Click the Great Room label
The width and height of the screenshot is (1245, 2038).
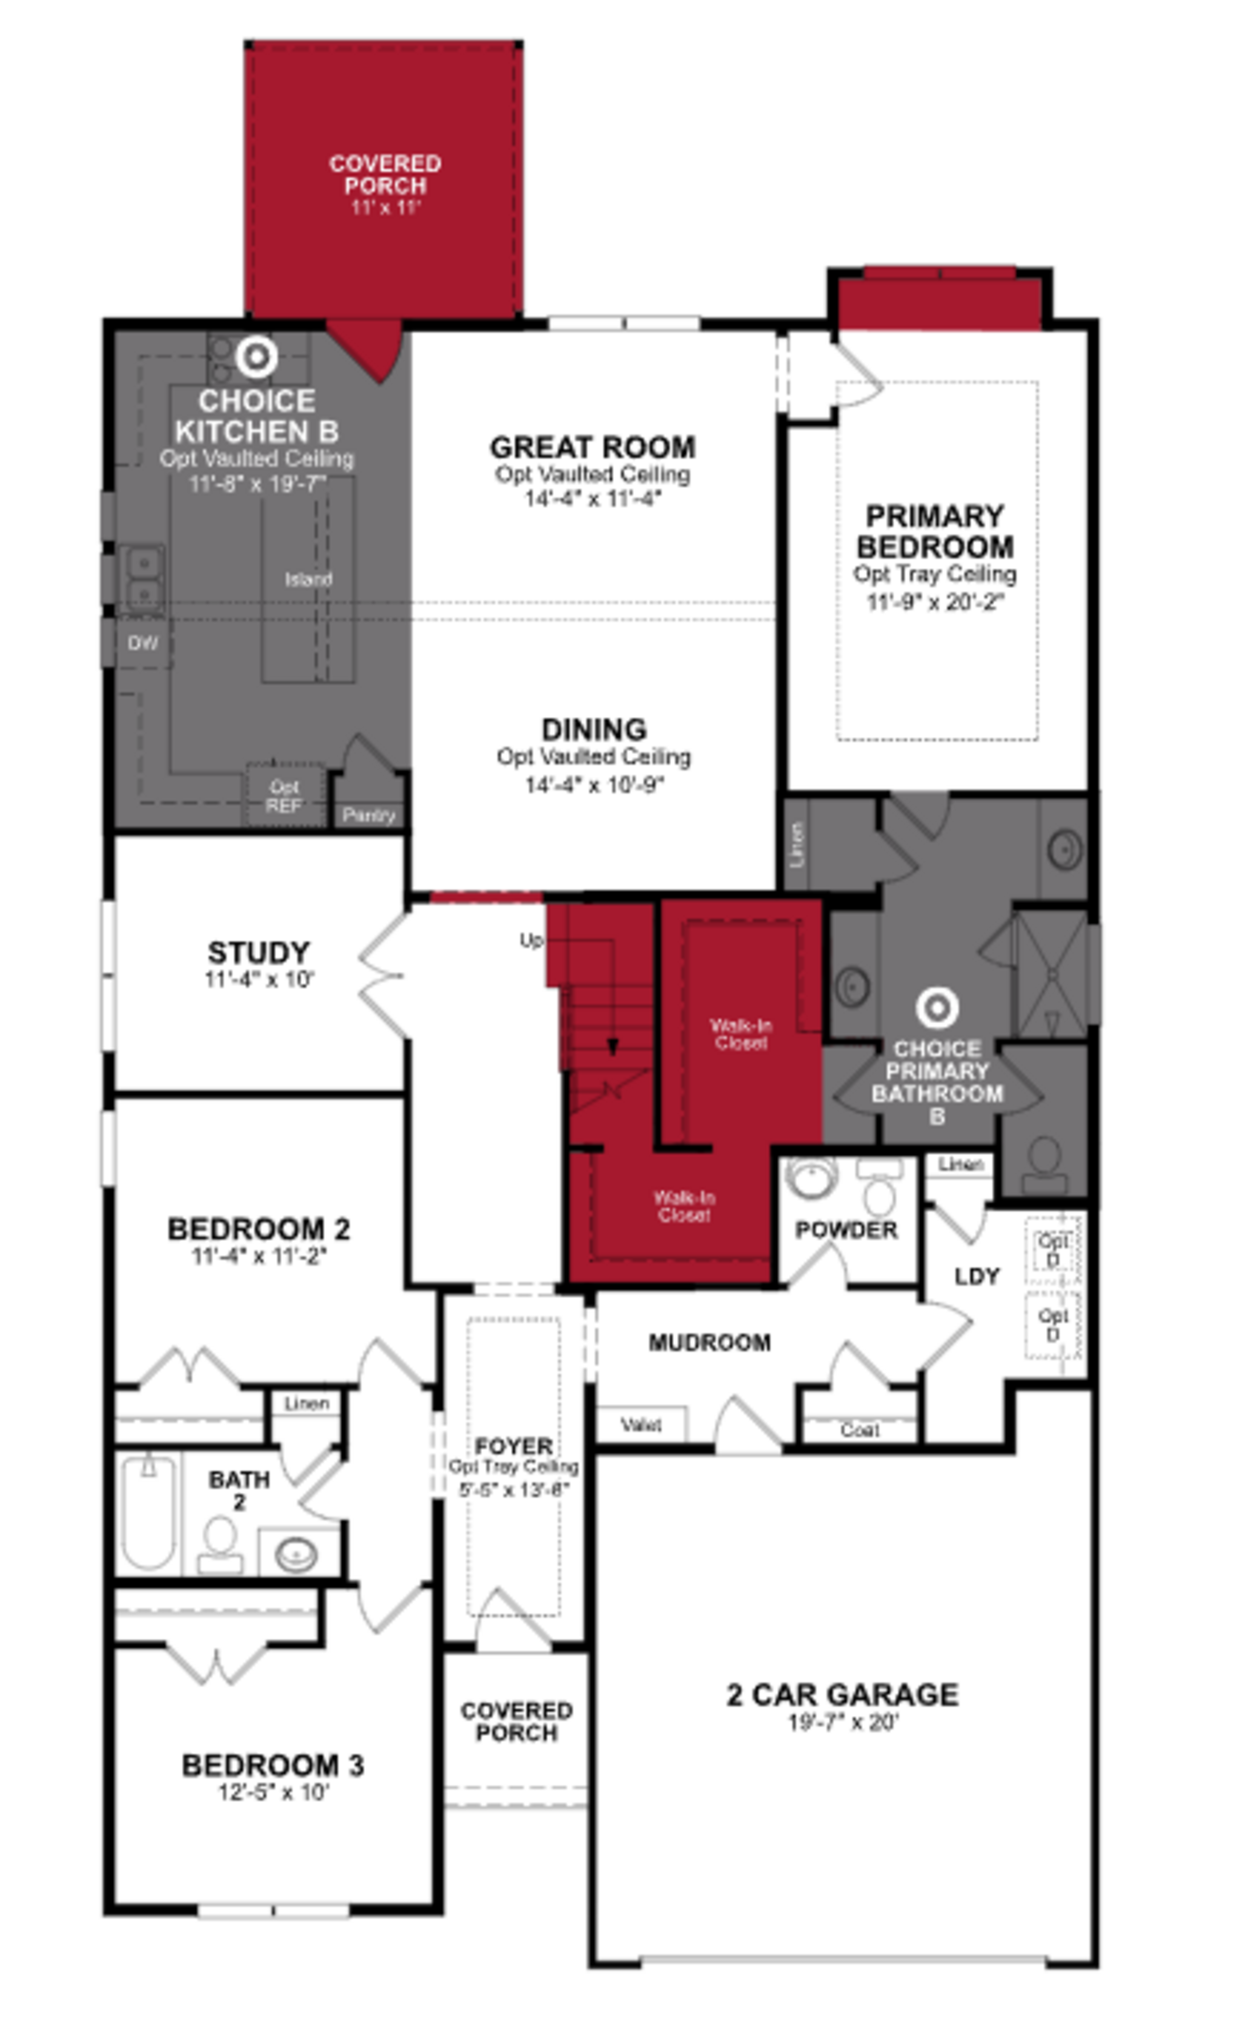pyautogui.click(x=592, y=447)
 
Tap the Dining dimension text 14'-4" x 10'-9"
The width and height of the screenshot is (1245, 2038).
pyautogui.click(x=594, y=784)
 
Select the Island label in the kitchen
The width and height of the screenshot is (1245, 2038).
pyautogui.click(x=309, y=579)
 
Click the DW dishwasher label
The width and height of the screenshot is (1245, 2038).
pyautogui.click(x=142, y=643)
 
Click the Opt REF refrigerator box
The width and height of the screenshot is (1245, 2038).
pyautogui.click(x=284, y=796)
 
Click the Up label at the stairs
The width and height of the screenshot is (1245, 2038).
pyautogui.click(x=530, y=940)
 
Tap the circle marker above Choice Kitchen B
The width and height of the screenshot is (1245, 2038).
pyautogui.click(x=256, y=356)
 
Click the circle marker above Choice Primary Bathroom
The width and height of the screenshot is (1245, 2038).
pyautogui.click(x=937, y=1007)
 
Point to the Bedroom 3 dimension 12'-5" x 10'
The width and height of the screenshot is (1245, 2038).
pyautogui.click(x=273, y=1792)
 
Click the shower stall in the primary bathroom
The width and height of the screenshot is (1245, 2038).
pyautogui.click(x=1051, y=974)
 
